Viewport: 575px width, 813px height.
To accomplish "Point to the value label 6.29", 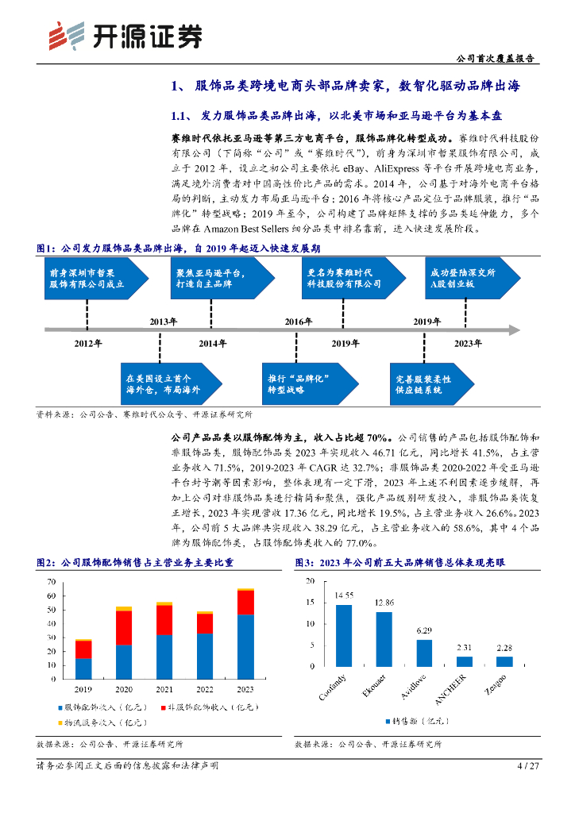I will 424,630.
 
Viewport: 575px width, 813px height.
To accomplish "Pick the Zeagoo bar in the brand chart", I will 504,661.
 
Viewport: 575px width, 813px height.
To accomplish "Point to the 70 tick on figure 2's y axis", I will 52,581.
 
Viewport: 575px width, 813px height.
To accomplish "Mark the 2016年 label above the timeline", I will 299,321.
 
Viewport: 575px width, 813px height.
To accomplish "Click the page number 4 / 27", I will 528,766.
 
